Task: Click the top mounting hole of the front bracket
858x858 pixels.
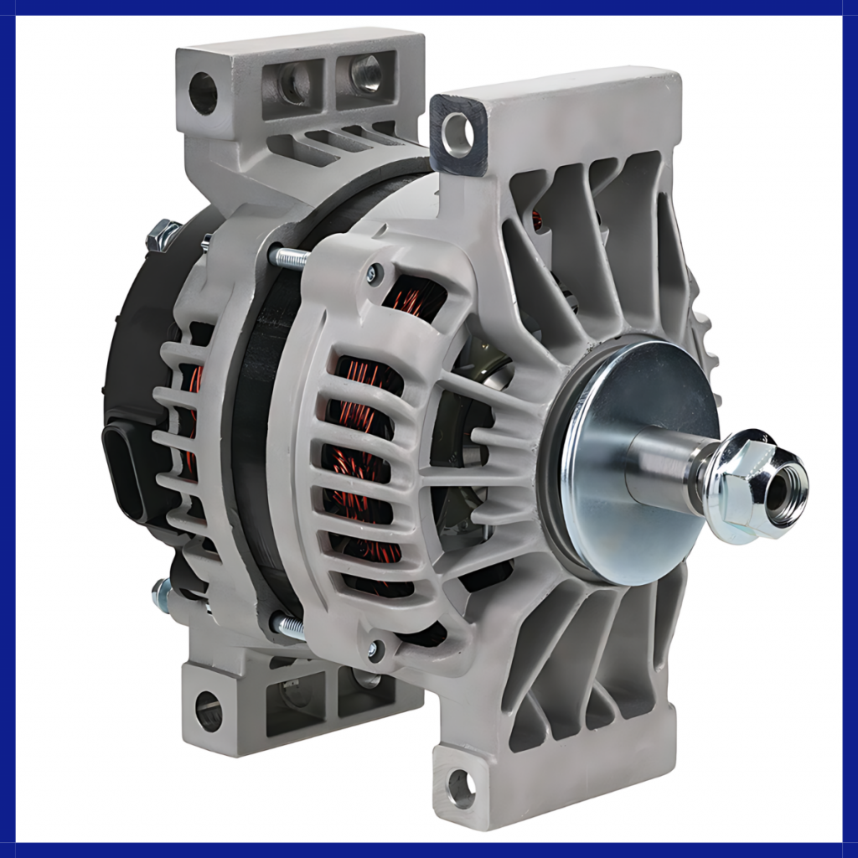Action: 458,134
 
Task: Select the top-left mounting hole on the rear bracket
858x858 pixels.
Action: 202,92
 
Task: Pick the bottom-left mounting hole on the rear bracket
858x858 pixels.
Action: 209,711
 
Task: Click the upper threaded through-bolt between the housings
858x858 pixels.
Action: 289,258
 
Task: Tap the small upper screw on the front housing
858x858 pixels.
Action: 375,272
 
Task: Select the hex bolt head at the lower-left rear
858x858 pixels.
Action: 162,595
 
